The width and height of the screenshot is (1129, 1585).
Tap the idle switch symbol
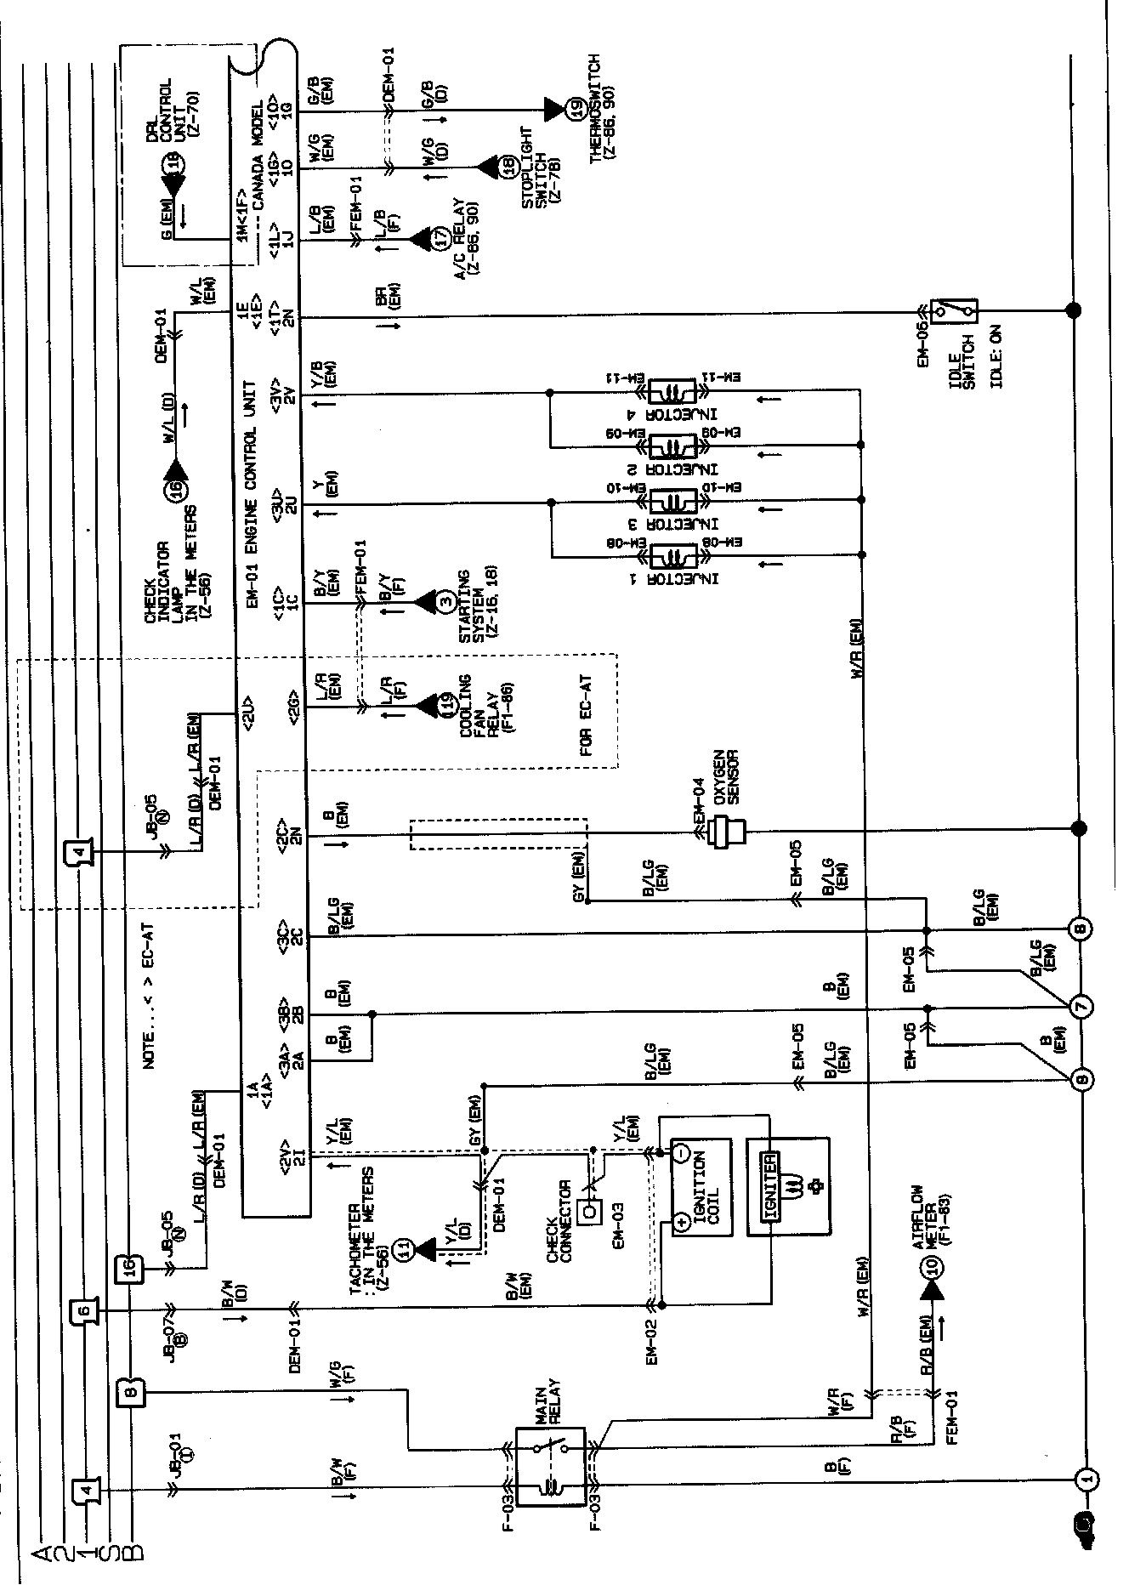click(x=954, y=310)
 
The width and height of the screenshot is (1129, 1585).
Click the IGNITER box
click(x=769, y=1187)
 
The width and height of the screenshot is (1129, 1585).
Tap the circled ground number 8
click(x=1081, y=928)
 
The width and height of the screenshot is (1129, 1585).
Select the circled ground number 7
click(x=1081, y=1006)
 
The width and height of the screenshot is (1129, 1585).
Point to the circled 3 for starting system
click(x=446, y=602)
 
